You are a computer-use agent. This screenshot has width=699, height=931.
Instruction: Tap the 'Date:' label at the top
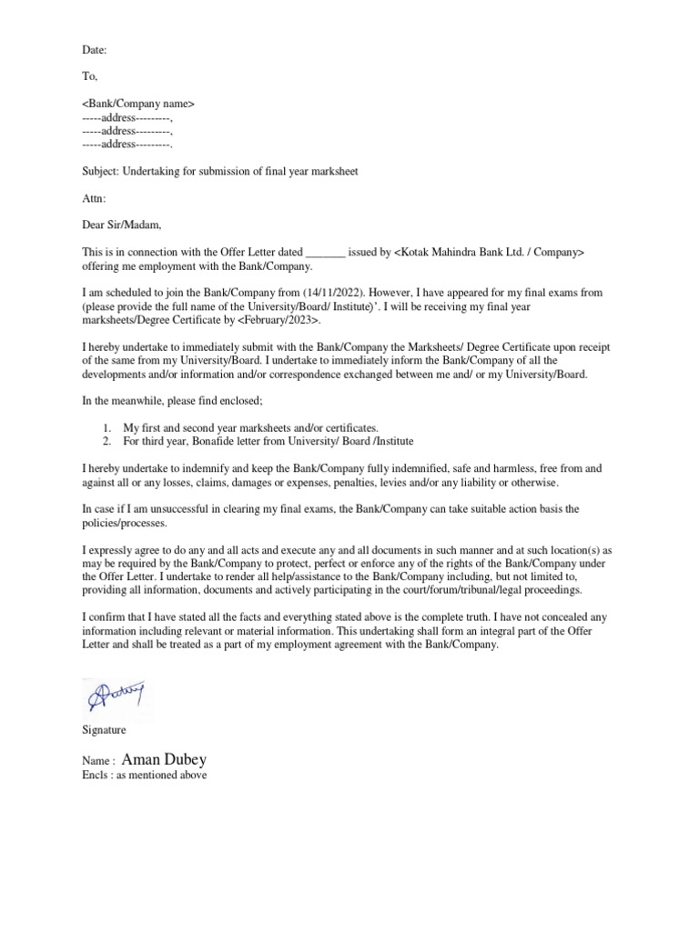coord(94,52)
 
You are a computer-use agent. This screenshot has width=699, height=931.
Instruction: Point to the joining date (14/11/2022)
coord(336,295)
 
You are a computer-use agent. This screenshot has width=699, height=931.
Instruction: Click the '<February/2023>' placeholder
coord(279,321)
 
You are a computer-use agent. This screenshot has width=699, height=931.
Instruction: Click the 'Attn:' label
coord(94,197)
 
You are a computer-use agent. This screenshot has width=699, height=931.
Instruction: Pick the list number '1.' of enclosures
coord(107,427)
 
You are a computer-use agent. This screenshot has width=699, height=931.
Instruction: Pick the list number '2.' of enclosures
coord(107,441)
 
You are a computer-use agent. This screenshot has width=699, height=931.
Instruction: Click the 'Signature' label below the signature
coord(104,730)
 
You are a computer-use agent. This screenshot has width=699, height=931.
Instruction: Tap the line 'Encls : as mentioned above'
coord(145,776)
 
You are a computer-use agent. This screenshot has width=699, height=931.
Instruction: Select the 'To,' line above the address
coord(90,78)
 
